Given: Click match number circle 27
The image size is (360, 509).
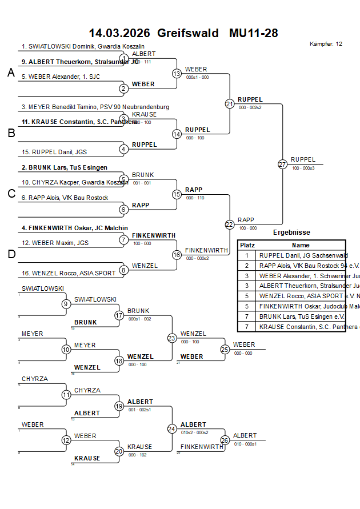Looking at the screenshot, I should click(282, 164).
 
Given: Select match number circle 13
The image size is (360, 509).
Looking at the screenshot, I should click(177, 73).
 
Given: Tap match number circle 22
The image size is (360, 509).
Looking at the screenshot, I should click(229, 225).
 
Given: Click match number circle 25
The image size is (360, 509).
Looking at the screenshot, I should click(225, 349).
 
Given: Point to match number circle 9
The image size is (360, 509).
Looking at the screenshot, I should click(66, 304).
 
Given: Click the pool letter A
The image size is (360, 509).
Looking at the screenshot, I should click(10, 73).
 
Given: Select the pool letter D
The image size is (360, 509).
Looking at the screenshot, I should click(10, 254).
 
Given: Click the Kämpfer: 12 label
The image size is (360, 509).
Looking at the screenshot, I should click(326, 44).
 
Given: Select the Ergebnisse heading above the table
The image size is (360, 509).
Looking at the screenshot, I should click(291, 233).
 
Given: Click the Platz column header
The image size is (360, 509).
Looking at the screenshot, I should click(247, 245).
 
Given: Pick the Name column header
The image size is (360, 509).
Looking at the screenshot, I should click(301, 245).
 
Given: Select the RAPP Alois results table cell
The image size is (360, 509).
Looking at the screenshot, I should click(302, 266).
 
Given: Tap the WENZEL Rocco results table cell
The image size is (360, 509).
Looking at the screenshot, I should click(302, 296).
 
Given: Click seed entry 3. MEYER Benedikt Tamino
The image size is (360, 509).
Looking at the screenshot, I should click(95, 107).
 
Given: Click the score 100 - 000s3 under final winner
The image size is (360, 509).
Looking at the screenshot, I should click(303, 168).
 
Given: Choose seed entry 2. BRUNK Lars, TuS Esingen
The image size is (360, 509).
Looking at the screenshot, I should click(64, 167).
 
